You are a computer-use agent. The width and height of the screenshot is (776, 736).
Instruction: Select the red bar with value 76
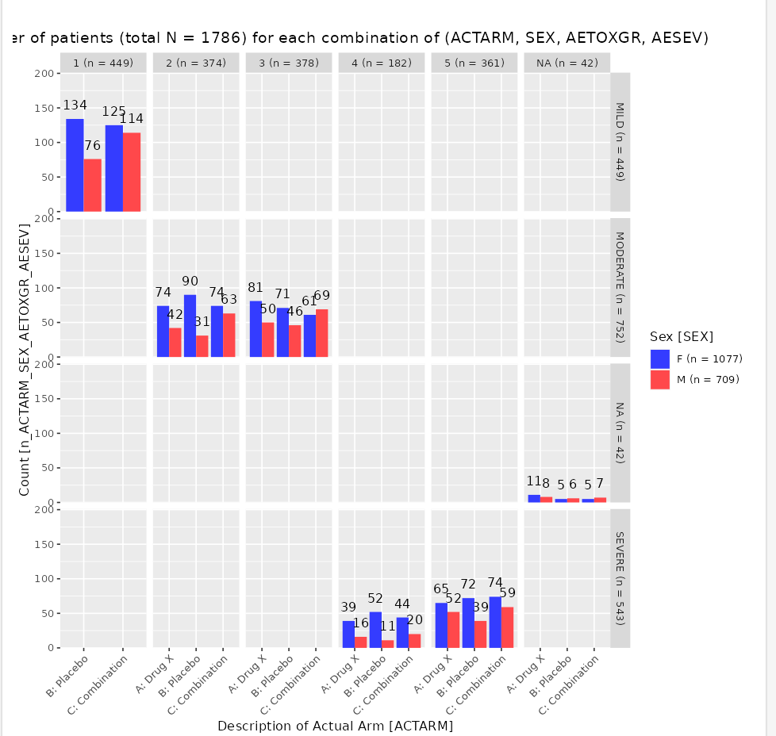point(93,185)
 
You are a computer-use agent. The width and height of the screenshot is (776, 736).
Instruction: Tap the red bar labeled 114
point(132,171)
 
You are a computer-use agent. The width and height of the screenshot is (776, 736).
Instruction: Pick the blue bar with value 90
point(190,326)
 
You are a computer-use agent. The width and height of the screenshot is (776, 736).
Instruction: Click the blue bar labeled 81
point(255,329)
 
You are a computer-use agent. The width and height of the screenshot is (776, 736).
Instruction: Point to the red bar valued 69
point(321,333)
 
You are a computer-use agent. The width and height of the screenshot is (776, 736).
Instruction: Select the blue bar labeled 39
point(348,634)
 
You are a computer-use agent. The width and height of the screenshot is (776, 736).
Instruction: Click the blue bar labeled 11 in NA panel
point(534,498)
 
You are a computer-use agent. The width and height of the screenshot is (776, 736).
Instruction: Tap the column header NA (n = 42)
point(567,63)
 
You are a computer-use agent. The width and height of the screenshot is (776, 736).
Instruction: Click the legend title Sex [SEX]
point(681,335)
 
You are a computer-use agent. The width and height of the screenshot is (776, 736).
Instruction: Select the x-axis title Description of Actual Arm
point(335,725)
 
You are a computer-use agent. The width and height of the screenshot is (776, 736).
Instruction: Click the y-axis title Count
point(25,360)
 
